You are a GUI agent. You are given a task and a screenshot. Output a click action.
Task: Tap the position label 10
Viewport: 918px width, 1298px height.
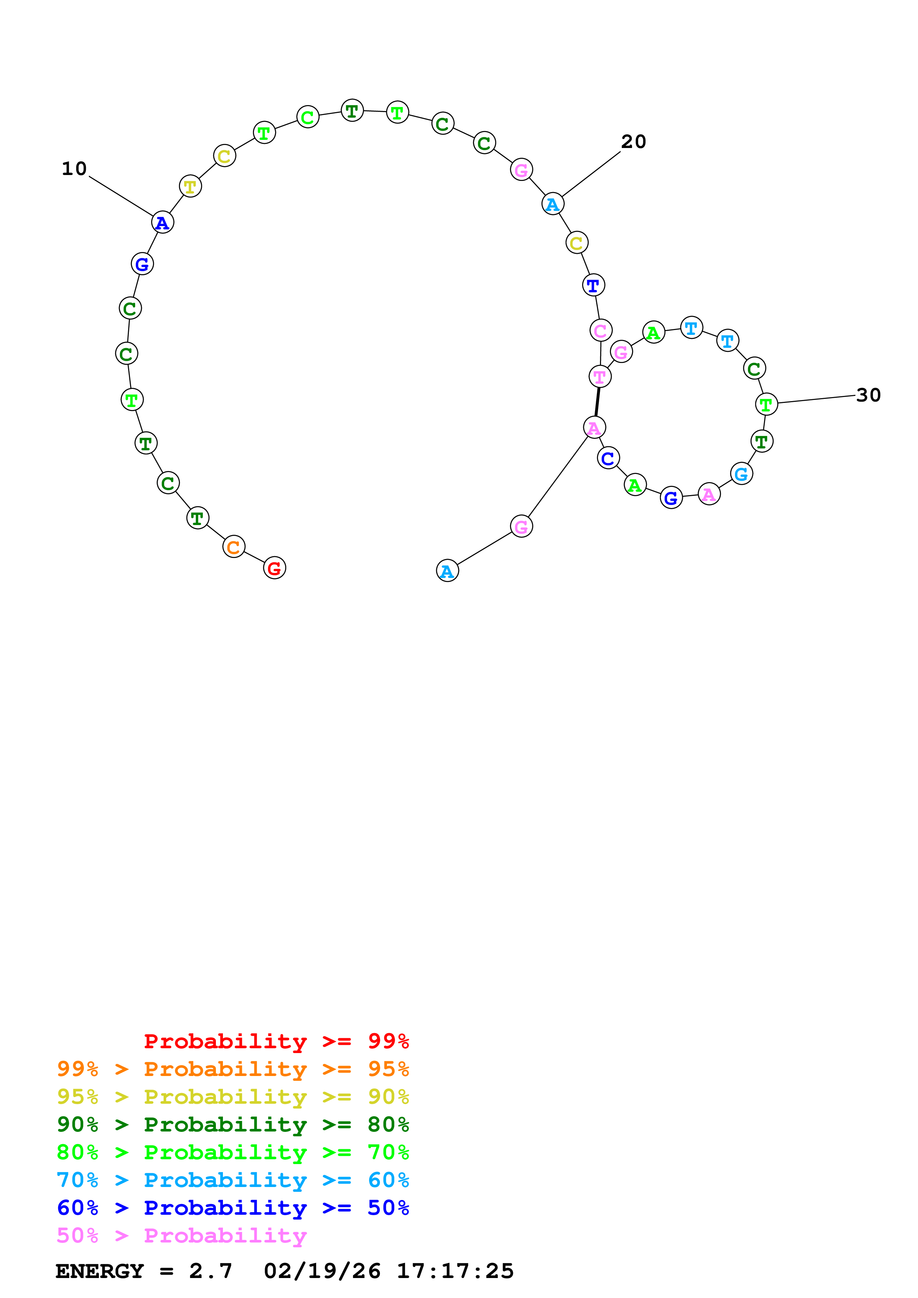point(74,168)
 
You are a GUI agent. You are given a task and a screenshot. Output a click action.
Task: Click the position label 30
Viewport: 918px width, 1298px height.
point(868,395)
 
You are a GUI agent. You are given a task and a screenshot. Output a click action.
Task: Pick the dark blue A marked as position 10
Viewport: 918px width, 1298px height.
point(162,223)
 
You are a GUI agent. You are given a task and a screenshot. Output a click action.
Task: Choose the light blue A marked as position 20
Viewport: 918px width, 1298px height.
point(553,204)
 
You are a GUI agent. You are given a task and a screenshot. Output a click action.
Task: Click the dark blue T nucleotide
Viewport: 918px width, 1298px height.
point(593,286)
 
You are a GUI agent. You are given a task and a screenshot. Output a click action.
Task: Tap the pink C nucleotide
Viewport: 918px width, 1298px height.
point(601,331)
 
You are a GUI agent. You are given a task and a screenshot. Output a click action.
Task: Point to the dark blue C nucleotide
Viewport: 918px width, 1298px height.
point(608,458)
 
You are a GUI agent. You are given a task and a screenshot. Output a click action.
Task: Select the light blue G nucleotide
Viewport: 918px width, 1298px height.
point(741,474)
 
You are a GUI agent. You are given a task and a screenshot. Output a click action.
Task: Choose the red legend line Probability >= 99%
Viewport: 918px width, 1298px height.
point(276,1041)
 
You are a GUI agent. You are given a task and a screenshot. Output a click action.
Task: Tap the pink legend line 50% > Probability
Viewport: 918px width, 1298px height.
point(181,1236)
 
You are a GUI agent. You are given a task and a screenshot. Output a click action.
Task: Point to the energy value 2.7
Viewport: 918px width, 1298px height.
point(210,1271)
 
